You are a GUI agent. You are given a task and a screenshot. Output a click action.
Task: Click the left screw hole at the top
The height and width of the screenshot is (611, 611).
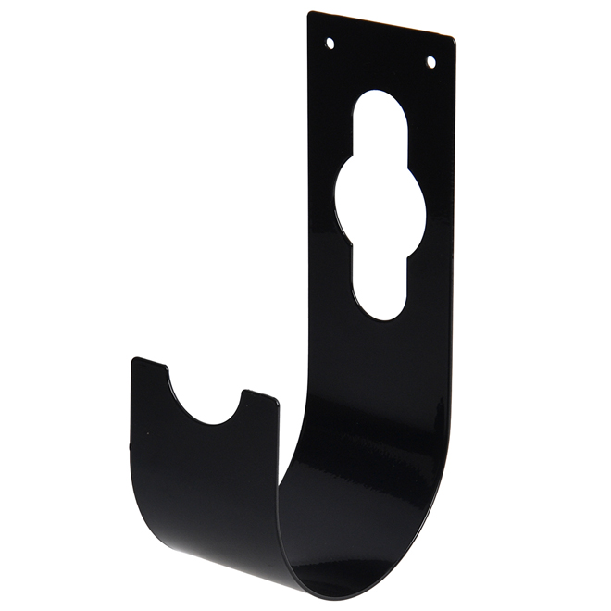[330, 43]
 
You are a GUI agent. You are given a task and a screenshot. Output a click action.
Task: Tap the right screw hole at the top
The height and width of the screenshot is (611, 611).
[430, 62]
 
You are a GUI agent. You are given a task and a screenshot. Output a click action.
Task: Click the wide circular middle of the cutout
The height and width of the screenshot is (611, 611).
[380, 208]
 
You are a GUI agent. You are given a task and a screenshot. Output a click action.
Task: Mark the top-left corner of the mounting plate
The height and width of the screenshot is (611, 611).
[310, 13]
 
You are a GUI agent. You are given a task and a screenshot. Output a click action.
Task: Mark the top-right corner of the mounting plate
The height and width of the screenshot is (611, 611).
[452, 39]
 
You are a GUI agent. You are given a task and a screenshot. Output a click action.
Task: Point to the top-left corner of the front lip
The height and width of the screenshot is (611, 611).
[134, 360]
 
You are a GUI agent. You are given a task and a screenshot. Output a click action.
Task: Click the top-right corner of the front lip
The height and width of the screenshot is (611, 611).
[277, 399]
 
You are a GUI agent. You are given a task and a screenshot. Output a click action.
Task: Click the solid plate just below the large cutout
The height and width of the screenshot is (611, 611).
[380, 370]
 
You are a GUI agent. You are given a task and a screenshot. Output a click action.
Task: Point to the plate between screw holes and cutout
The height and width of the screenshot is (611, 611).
[380, 70]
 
